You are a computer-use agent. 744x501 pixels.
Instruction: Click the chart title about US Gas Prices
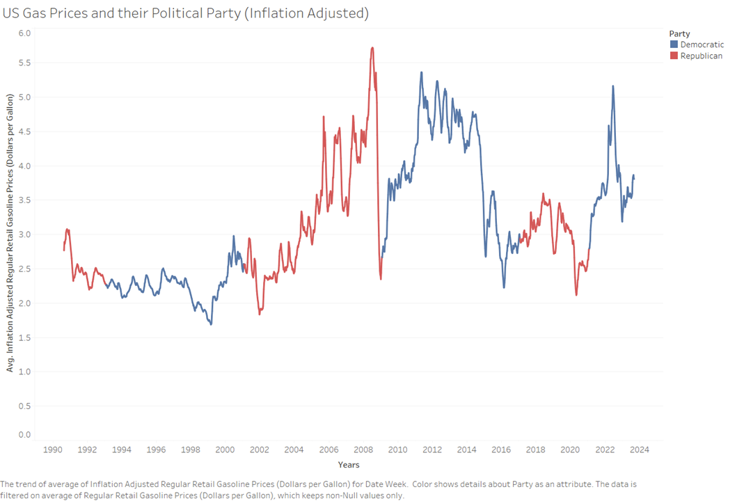click(185, 13)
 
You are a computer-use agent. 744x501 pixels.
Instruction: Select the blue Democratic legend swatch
click(674, 45)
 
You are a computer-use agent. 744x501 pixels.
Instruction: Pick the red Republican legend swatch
click(674, 56)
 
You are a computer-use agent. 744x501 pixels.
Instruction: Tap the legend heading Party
click(679, 33)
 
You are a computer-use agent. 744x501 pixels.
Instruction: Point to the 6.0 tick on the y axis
click(24, 33)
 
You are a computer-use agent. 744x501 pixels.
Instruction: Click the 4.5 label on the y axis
click(24, 132)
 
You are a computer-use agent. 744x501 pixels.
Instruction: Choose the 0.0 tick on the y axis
click(24, 435)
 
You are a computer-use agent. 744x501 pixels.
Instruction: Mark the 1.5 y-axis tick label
click(24, 337)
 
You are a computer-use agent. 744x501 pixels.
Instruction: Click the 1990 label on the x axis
click(52, 450)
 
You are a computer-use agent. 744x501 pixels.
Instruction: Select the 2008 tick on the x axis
click(363, 450)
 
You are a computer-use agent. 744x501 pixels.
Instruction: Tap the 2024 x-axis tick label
click(639, 450)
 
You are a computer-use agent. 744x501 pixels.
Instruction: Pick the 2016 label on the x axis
click(501, 450)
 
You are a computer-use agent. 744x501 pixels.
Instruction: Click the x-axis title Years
click(348, 465)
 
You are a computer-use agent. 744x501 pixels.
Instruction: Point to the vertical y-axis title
click(10, 233)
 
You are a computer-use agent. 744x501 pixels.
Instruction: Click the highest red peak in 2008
click(372, 48)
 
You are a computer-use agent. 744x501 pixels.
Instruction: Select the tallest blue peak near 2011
click(421, 72)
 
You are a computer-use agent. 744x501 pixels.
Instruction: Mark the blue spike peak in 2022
click(612, 86)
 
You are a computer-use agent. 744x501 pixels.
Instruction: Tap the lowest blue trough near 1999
click(211, 324)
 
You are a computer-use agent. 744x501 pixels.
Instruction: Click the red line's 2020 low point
click(577, 295)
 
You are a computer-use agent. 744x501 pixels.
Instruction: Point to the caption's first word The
click(7, 482)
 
